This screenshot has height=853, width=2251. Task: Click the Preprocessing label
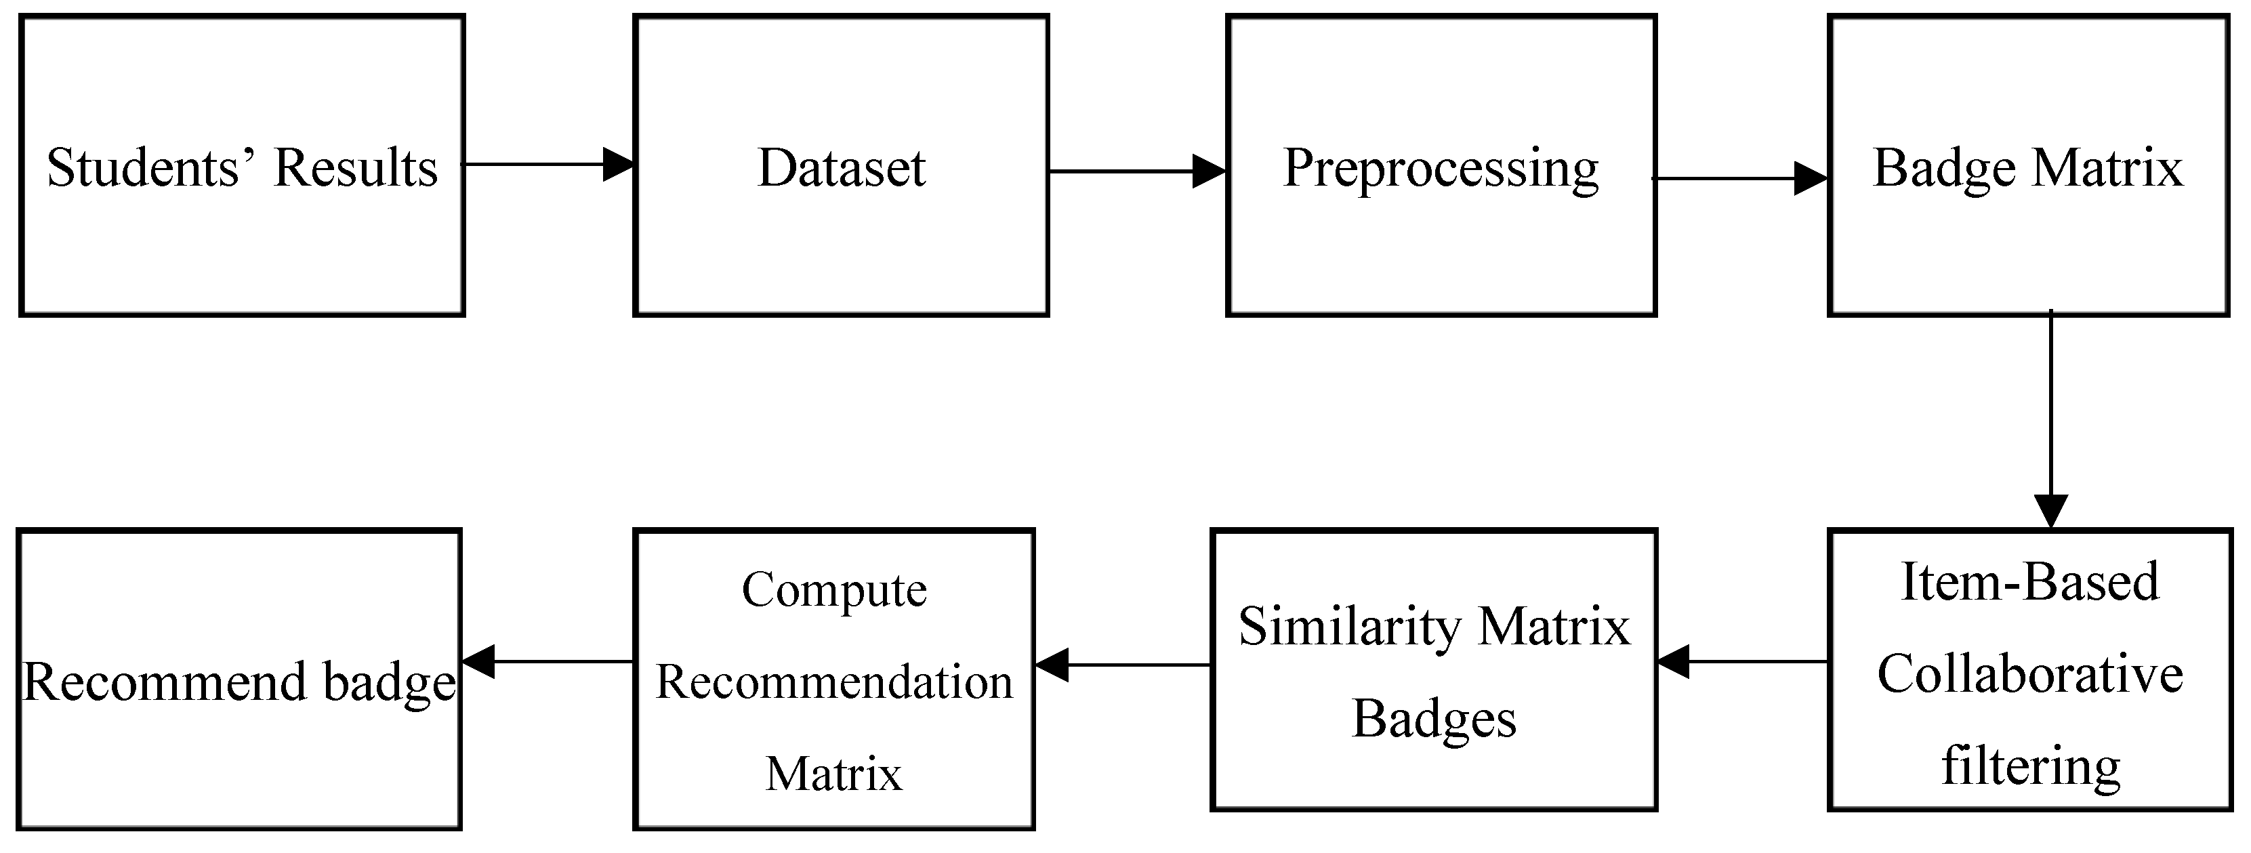[x=1440, y=169]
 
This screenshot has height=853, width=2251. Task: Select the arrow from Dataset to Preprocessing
[x=1136, y=171]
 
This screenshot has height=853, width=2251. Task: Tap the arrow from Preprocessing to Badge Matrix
[x=1739, y=179]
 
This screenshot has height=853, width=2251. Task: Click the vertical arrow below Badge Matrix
[x=2050, y=419]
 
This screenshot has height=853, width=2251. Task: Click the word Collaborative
[x=2029, y=674]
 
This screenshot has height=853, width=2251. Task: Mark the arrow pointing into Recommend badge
[x=547, y=661]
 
